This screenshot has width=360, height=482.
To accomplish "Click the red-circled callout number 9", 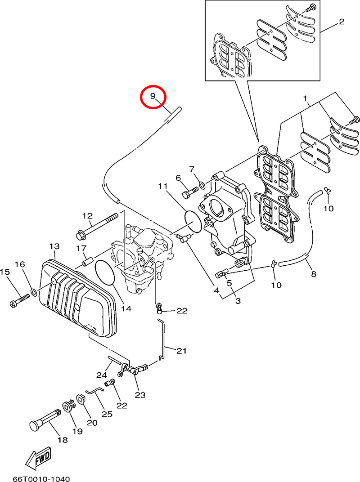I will tap(153, 97).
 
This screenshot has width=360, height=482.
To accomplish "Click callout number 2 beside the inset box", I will tap(342, 22).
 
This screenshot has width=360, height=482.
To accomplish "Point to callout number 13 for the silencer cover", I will tap(54, 246).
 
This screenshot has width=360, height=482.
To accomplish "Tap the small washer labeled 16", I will tap(34, 294).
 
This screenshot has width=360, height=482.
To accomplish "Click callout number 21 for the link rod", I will tap(181, 351).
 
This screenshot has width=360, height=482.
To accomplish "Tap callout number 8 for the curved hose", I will tap(313, 273).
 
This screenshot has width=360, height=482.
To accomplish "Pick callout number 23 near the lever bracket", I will tap(140, 395).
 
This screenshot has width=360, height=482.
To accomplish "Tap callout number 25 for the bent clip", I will tap(107, 414).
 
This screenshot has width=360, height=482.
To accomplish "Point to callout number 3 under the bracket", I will tap(237, 300).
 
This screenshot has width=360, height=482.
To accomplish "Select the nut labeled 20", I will tap(82, 399).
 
